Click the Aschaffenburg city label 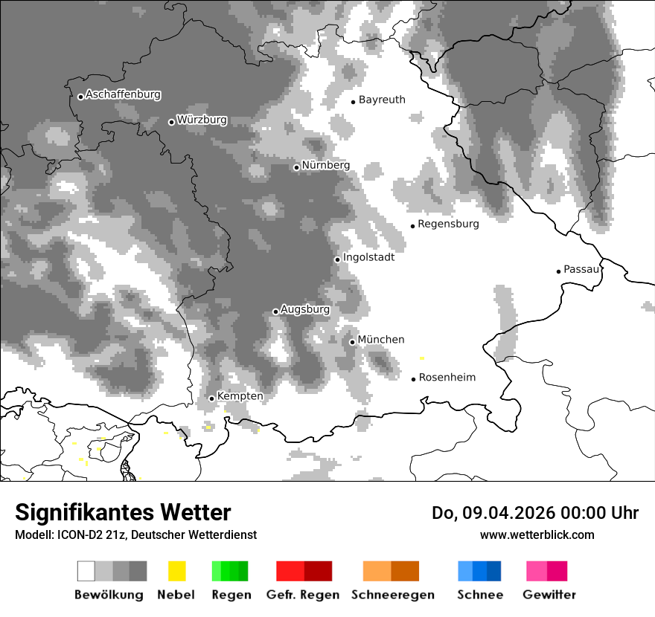click(123, 95)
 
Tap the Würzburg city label click(202, 120)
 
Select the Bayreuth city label click(382, 100)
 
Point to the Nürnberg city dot click(296, 167)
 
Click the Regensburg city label click(448, 224)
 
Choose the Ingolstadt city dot click(337, 259)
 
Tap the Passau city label click(581, 269)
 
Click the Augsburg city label click(304, 309)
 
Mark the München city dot click(352, 342)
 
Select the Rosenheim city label click(447, 378)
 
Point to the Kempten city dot click(211, 398)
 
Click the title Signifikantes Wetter click(123, 513)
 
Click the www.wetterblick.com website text click(537, 535)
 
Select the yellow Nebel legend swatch click(176, 571)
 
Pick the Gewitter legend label click(549, 595)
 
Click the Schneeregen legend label click(393, 595)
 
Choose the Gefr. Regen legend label click(303, 595)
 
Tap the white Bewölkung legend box click(86, 571)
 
